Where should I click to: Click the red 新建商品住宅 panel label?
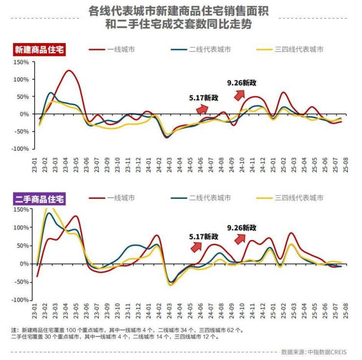(x=40, y=49)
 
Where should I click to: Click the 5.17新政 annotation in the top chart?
(x=204, y=98)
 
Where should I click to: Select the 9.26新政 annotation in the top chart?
(x=242, y=83)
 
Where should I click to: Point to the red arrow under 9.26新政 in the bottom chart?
(x=239, y=238)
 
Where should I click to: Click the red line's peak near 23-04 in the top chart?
(x=68, y=71)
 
